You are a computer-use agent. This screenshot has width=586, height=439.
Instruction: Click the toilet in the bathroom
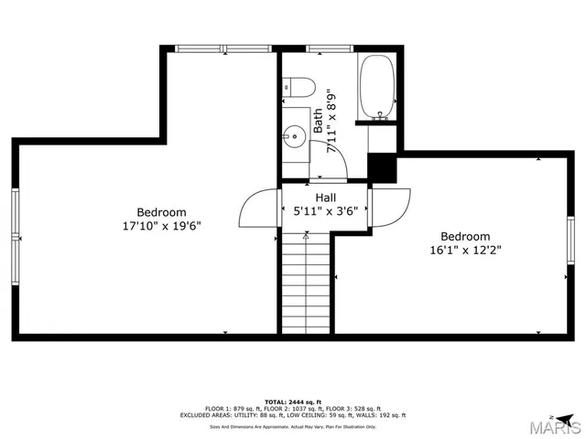tap(299, 88)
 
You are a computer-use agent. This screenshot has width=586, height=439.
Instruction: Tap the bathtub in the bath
tap(376, 89)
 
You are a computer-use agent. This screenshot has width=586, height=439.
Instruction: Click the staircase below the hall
tap(304, 283)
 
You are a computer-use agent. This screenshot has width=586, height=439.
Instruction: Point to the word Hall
tap(325, 198)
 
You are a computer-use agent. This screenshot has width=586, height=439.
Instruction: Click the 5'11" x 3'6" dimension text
tap(325, 211)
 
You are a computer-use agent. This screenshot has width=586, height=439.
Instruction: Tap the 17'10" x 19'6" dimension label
tap(161, 225)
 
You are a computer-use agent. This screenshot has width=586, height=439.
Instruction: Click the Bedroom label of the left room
tap(161, 212)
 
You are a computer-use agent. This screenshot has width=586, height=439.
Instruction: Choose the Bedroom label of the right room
tap(465, 236)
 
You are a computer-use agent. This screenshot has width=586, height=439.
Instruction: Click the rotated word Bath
tap(318, 122)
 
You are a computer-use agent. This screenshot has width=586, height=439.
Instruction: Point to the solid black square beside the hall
tap(381, 166)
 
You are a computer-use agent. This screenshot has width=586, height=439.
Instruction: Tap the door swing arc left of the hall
tap(259, 208)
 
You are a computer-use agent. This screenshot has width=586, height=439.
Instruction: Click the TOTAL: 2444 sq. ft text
tap(293, 402)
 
